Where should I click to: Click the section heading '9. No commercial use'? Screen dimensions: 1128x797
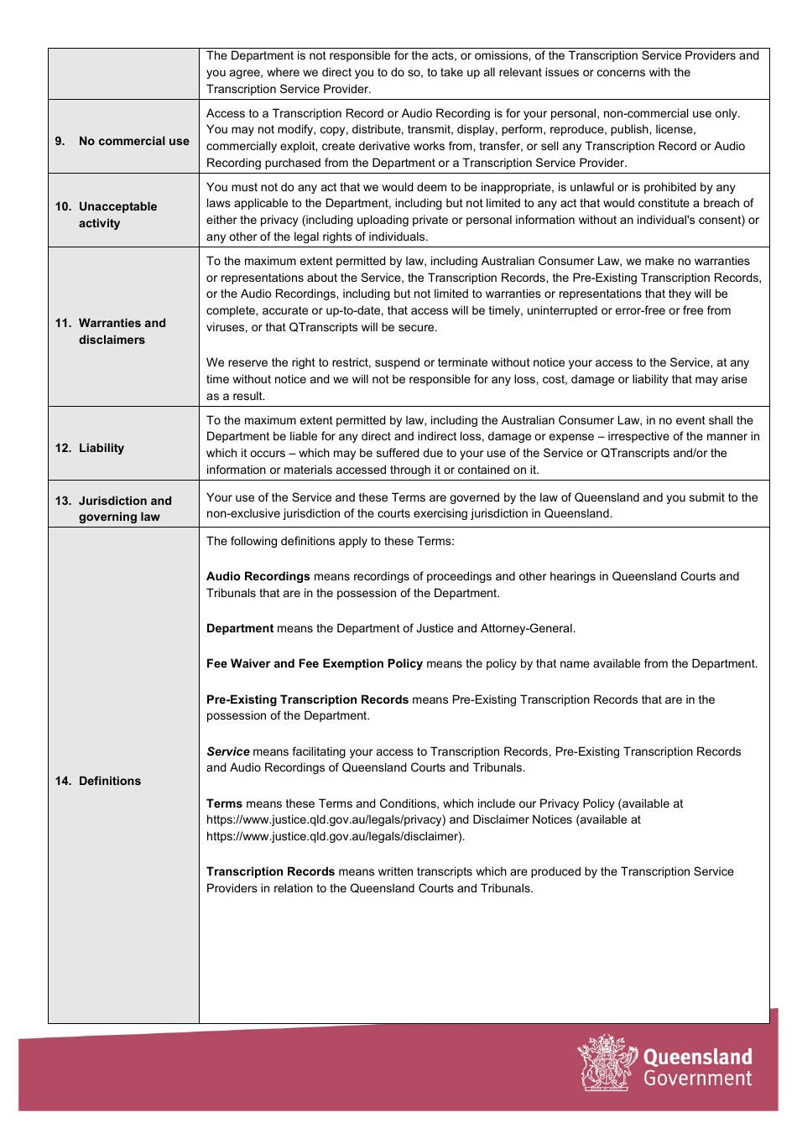122,141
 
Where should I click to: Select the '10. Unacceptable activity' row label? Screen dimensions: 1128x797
107,215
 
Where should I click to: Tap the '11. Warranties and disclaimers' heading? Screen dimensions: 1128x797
111,331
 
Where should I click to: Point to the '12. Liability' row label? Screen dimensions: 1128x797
90,448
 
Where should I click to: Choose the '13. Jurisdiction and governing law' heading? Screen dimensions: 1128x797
113,508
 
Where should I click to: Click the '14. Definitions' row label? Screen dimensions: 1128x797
98,781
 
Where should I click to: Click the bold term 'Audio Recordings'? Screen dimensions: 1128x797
258,576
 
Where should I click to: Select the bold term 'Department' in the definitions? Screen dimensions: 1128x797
240,628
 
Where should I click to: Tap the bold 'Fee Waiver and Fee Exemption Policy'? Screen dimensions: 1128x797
315,663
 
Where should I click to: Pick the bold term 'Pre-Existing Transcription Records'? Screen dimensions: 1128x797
307,699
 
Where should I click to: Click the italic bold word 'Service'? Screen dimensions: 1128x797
228,751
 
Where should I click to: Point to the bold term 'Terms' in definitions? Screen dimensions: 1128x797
224,803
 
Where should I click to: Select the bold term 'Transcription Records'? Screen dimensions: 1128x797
270,871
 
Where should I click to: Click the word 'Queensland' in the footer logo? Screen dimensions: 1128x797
697,1057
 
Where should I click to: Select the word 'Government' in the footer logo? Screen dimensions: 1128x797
697,1079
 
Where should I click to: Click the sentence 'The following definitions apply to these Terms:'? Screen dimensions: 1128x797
331,541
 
